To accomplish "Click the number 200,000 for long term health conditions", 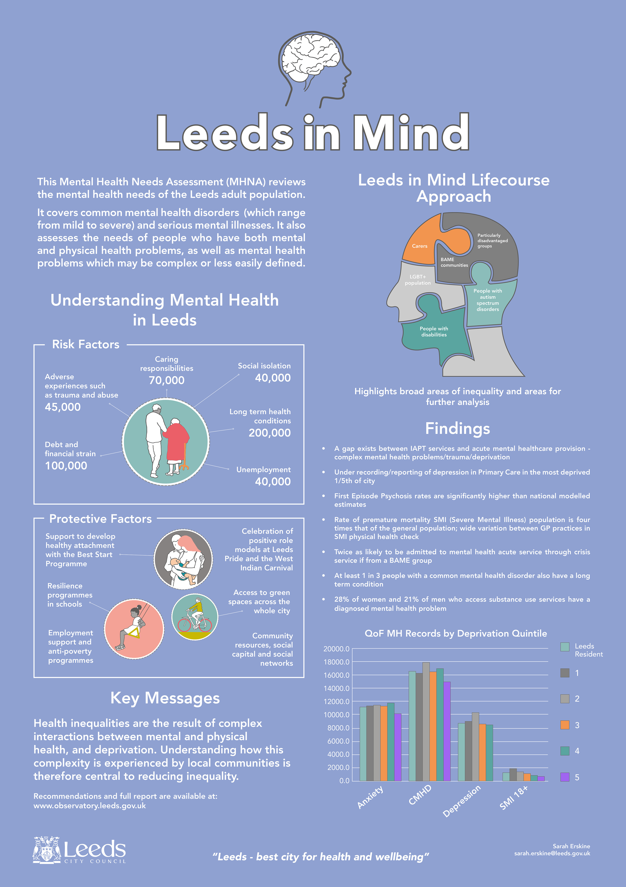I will (269, 433).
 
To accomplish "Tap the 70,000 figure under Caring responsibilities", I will (167, 380).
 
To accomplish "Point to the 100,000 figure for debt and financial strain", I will (66, 465).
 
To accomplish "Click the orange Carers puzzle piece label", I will (419, 246).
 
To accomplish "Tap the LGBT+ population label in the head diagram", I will (418, 280).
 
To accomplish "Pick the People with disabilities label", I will (434, 332).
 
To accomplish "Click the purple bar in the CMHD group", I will (447, 731).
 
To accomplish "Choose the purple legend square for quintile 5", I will (565, 777).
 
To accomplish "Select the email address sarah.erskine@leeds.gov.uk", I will (552, 853).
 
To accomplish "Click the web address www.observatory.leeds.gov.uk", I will (89, 806).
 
